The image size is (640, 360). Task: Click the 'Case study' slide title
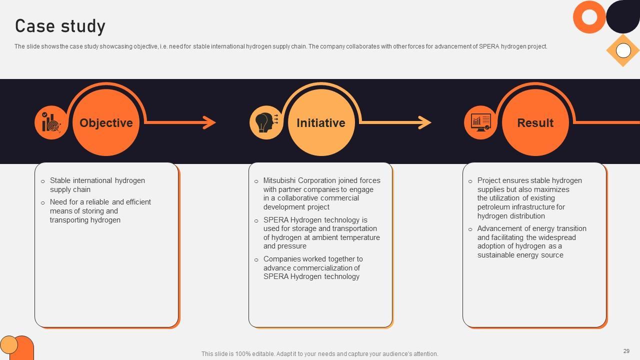coord(60,26)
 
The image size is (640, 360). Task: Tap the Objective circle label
coord(106,123)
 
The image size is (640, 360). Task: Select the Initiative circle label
coord(320,123)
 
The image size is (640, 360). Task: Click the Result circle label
coord(535,123)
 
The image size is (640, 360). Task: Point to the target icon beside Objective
coord(51,122)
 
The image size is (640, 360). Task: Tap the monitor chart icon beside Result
coord(480,122)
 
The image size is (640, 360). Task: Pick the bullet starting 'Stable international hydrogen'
coord(97,185)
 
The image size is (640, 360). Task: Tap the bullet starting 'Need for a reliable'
coord(100,211)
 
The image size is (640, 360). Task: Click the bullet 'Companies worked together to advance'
coord(313,267)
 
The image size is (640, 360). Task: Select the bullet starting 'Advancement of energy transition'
coord(531,241)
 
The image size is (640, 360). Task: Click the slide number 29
coord(626,351)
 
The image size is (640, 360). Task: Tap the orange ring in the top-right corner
coord(589,17)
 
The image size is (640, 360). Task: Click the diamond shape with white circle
coord(623,50)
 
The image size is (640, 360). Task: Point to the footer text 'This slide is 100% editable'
coord(319,354)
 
